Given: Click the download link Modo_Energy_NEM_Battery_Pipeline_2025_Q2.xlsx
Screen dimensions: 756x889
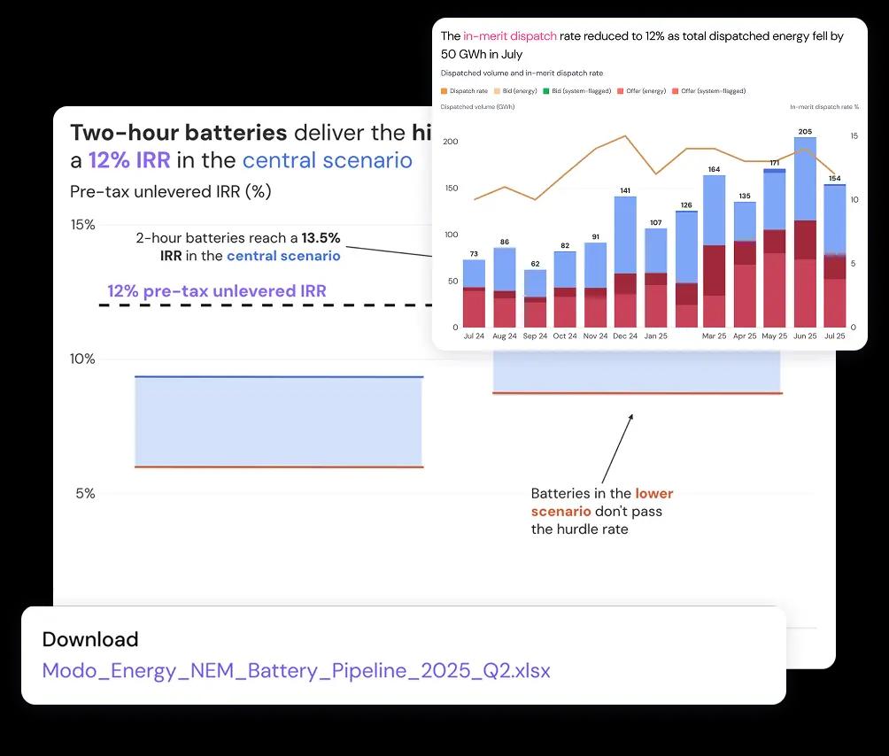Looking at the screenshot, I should pos(296,670).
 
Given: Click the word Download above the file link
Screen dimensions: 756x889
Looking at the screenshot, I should pos(90,639).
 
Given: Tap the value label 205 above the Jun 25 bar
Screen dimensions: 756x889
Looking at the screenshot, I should pos(804,132).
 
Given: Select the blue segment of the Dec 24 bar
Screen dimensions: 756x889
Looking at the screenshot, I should pos(625,235).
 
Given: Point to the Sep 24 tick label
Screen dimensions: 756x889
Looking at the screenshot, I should pos(535,336).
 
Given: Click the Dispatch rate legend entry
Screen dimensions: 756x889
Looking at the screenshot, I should pos(465,91).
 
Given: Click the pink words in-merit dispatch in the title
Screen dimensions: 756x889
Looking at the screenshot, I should pos(510,36).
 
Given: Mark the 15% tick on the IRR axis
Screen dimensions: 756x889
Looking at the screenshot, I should pos(82,225).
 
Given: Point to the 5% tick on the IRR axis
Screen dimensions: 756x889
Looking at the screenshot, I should pos(85,493).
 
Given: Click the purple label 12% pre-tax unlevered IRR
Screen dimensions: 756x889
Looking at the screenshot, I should pos(217,291).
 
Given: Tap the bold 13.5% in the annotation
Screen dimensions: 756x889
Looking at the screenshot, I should pos(321,238).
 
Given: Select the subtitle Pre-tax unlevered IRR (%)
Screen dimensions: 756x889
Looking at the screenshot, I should pos(170,191).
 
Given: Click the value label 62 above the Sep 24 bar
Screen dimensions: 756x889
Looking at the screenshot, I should pos(535,264).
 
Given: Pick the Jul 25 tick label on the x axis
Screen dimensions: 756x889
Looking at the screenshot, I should pos(834,336).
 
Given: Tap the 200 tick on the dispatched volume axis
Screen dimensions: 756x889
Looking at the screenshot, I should pos(450,142).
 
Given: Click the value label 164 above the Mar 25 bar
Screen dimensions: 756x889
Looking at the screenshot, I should pos(714,169).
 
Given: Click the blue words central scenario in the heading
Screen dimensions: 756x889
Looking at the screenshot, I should pos(327,160).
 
